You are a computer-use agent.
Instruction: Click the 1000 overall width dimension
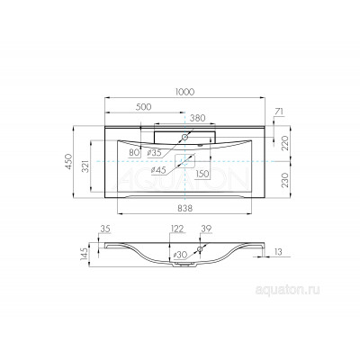click(184, 92)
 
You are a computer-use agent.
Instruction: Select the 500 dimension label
click(144, 107)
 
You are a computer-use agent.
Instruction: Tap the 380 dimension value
click(198, 118)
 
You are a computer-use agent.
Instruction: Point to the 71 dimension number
click(279, 112)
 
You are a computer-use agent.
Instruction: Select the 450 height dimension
click(69, 162)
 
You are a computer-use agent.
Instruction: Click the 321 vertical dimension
click(86, 166)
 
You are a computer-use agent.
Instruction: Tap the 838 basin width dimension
click(184, 208)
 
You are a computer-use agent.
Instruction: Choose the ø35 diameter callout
click(155, 153)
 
